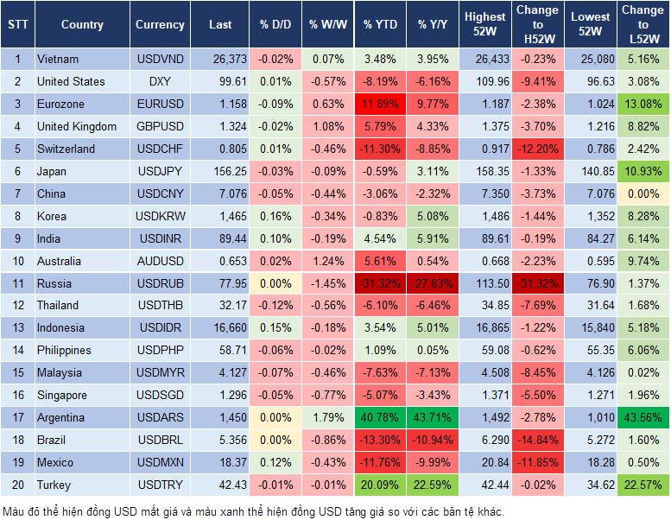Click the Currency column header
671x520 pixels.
pos(160,25)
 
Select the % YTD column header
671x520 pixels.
pos(381,25)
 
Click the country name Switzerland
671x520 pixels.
pos(66,149)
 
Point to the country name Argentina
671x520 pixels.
pos(60,417)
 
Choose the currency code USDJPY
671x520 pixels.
pos(160,171)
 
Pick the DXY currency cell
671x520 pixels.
pos(160,82)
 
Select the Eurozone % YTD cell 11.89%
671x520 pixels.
pos(381,104)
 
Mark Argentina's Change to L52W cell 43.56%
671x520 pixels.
pos(643,417)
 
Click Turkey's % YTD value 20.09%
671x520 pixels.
pos(381,485)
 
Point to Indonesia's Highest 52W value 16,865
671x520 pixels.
pos(485,328)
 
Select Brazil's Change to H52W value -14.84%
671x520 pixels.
pos(537,440)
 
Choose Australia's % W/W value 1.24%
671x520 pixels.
pos(327,261)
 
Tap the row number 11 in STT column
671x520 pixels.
pos(16,283)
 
